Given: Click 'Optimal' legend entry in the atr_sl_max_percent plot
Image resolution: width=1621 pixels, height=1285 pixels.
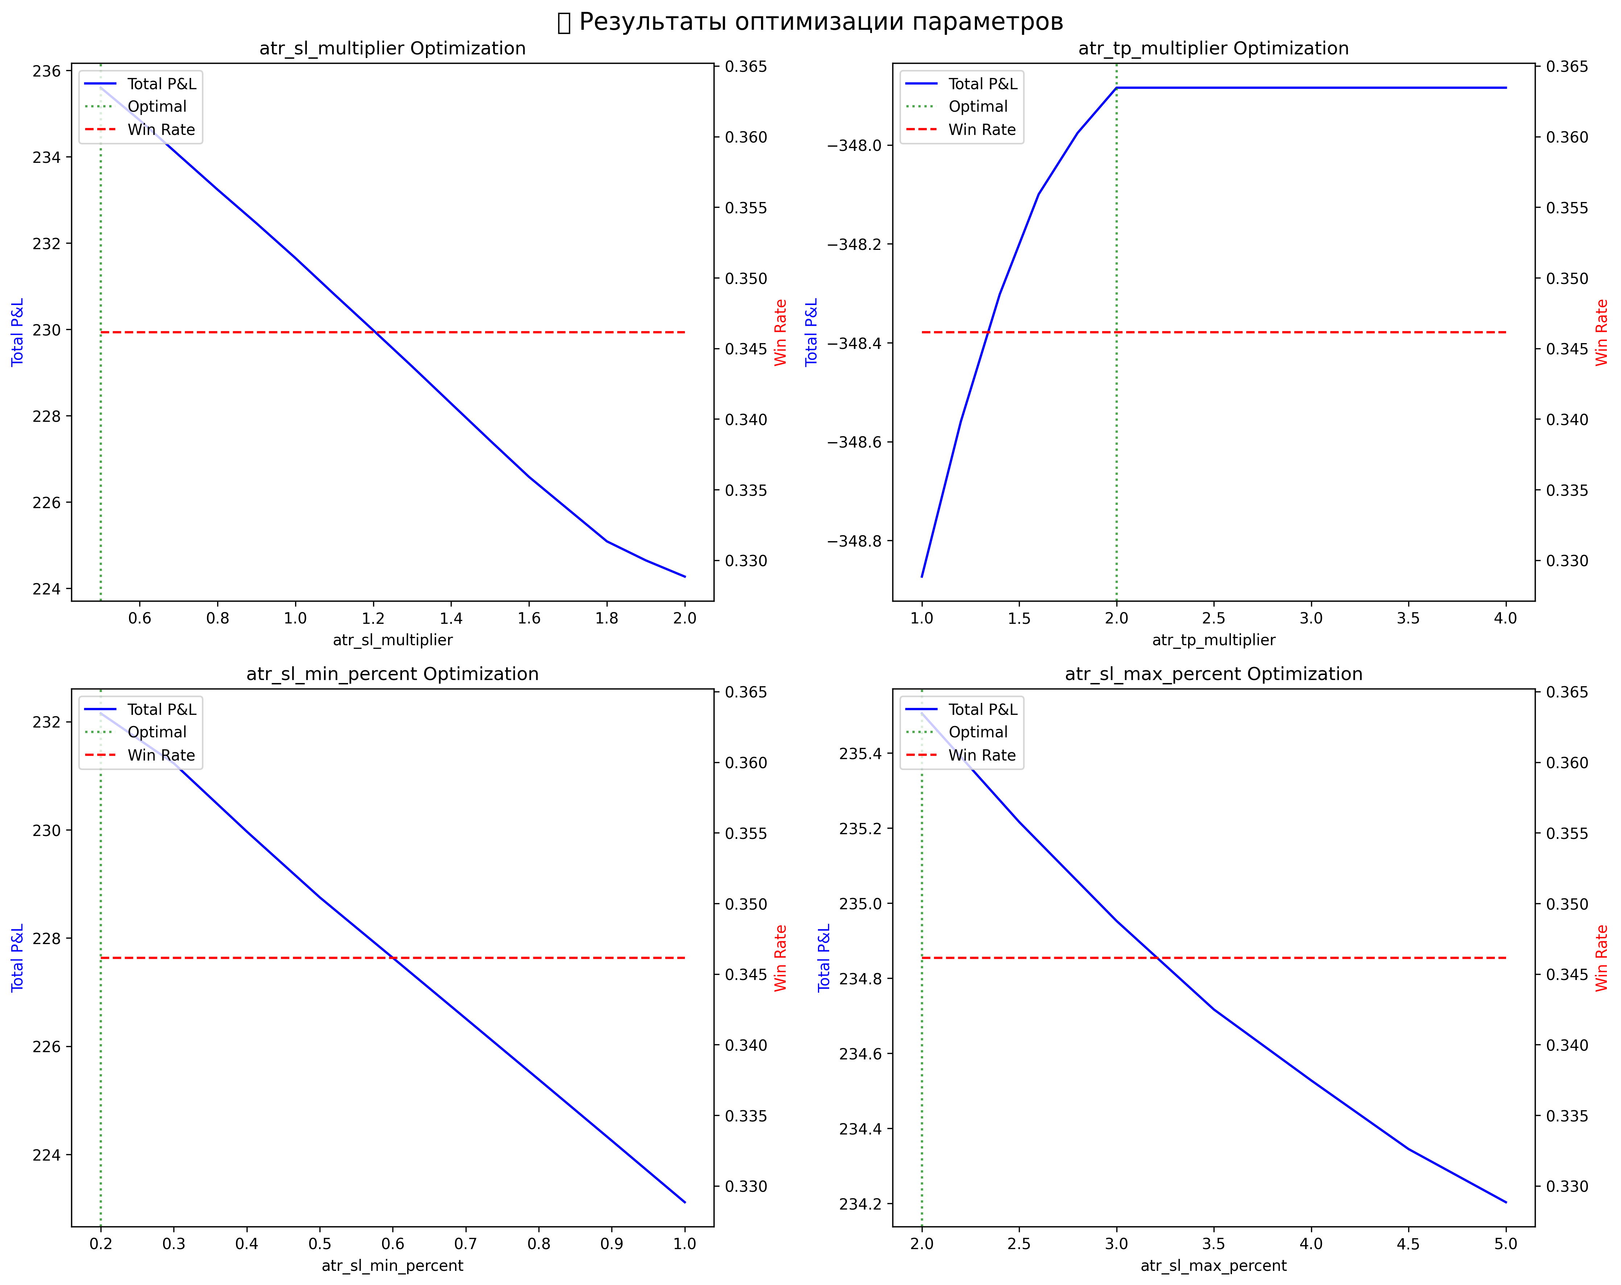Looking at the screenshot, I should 977,732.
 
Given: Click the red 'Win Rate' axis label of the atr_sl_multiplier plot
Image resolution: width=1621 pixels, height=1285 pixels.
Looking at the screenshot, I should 781,332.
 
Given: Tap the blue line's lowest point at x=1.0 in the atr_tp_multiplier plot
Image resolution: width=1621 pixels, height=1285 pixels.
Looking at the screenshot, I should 922,577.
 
